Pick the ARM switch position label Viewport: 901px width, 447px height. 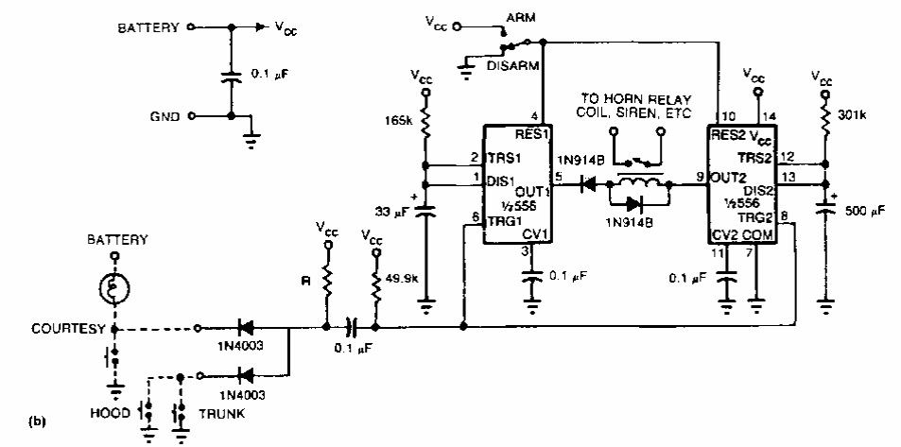[521, 18]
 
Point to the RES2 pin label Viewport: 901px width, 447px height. [729, 133]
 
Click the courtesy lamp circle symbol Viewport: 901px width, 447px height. [114, 289]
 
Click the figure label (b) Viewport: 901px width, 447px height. [12, 415]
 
